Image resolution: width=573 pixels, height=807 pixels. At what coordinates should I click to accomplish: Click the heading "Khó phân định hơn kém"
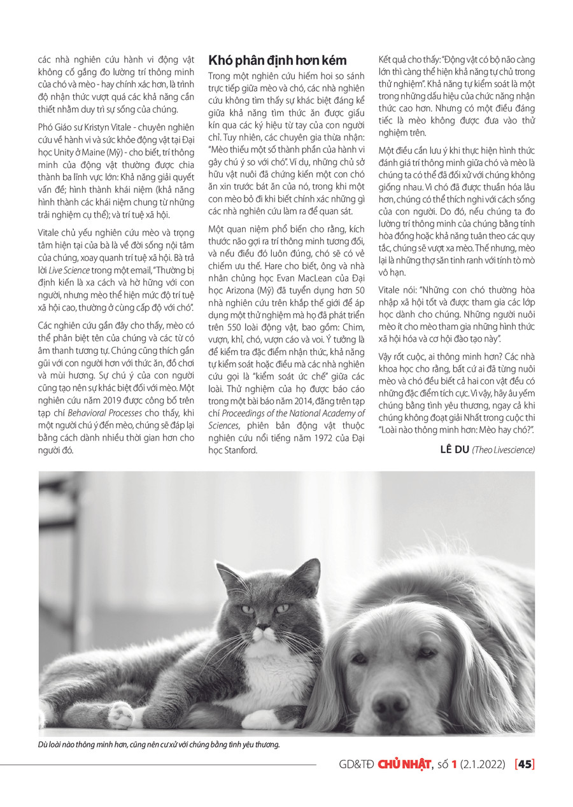tap(278, 60)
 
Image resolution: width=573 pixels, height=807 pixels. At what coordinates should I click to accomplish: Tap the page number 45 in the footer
tap(525, 764)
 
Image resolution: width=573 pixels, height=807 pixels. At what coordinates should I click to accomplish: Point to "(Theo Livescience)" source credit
tap(503, 450)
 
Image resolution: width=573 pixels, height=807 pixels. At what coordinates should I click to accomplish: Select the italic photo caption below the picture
tap(159, 743)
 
